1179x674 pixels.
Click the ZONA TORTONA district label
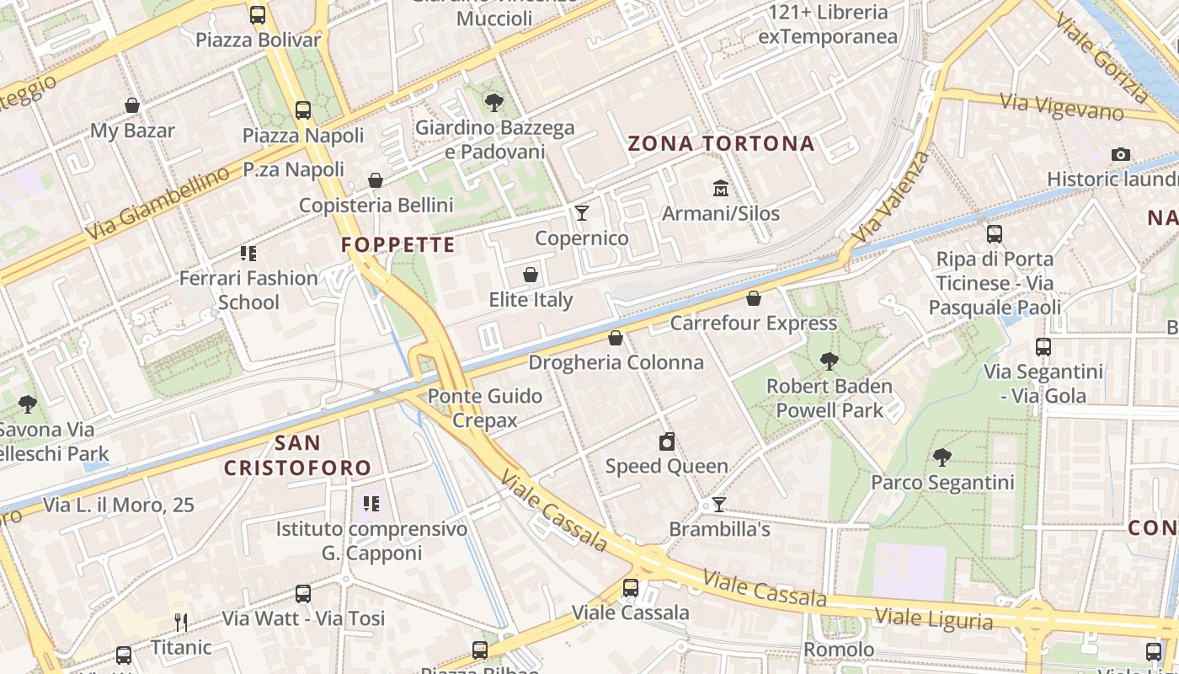tap(722, 143)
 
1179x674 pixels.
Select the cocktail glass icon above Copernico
tap(581, 212)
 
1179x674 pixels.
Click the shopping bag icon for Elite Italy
tap(531, 275)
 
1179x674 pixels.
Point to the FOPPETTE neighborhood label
tap(398, 245)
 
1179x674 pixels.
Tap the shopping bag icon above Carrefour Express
tap(754, 298)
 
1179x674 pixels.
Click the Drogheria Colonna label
tap(616, 362)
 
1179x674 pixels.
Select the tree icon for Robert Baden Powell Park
tap(830, 361)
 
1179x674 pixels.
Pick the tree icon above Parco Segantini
tap(942, 457)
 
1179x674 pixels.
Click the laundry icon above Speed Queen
tap(667, 441)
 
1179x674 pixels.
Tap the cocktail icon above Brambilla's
tap(719, 505)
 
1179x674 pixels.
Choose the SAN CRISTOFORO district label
tap(297, 455)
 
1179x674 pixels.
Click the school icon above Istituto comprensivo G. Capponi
tap(371, 505)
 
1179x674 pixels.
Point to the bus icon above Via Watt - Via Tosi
tap(303, 594)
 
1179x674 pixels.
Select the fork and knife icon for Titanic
tap(181, 623)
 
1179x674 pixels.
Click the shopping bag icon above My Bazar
tap(132, 105)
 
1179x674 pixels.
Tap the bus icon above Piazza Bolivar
tap(258, 15)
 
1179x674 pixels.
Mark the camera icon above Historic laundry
tap(1120, 154)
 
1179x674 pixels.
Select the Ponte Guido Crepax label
tap(485, 408)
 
